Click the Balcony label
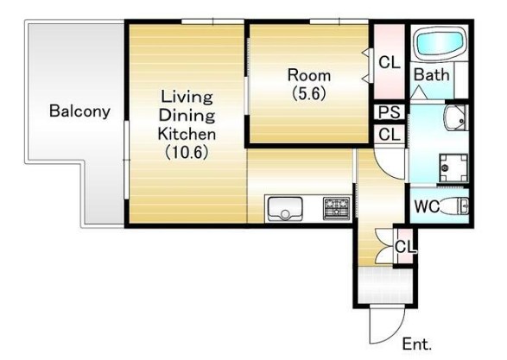pyautogui.click(x=79, y=111)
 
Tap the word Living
pyautogui.click(x=187, y=97)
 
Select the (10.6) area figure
pyautogui.click(x=187, y=152)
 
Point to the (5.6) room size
pyautogui.click(x=309, y=93)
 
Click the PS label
pyautogui.click(x=390, y=112)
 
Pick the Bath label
pyautogui.click(x=432, y=75)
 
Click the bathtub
pyautogui.click(x=440, y=43)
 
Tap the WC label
pyautogui.click(x=427, y=205)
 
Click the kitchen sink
pyautogui.click(x=285, y=208)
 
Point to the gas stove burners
pyautogui.click(x=337, y=207)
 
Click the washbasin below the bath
pyautogui.click(x=456, y=117)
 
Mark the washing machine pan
pyautogui.click(x=453, y=168)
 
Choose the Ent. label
pyautogui.click(x=417, y=344)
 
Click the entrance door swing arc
pyautogui.click(x=396, y=334)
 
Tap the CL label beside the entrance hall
pyautogui.click(x=405, y=247)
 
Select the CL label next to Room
pyautogui.click(x=390, y=62)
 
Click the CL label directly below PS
pyautogui.click(x=390, y=134)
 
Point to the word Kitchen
pyautogui.click(x=187, y=134)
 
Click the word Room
pyautogui.click(x=309, y=75)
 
